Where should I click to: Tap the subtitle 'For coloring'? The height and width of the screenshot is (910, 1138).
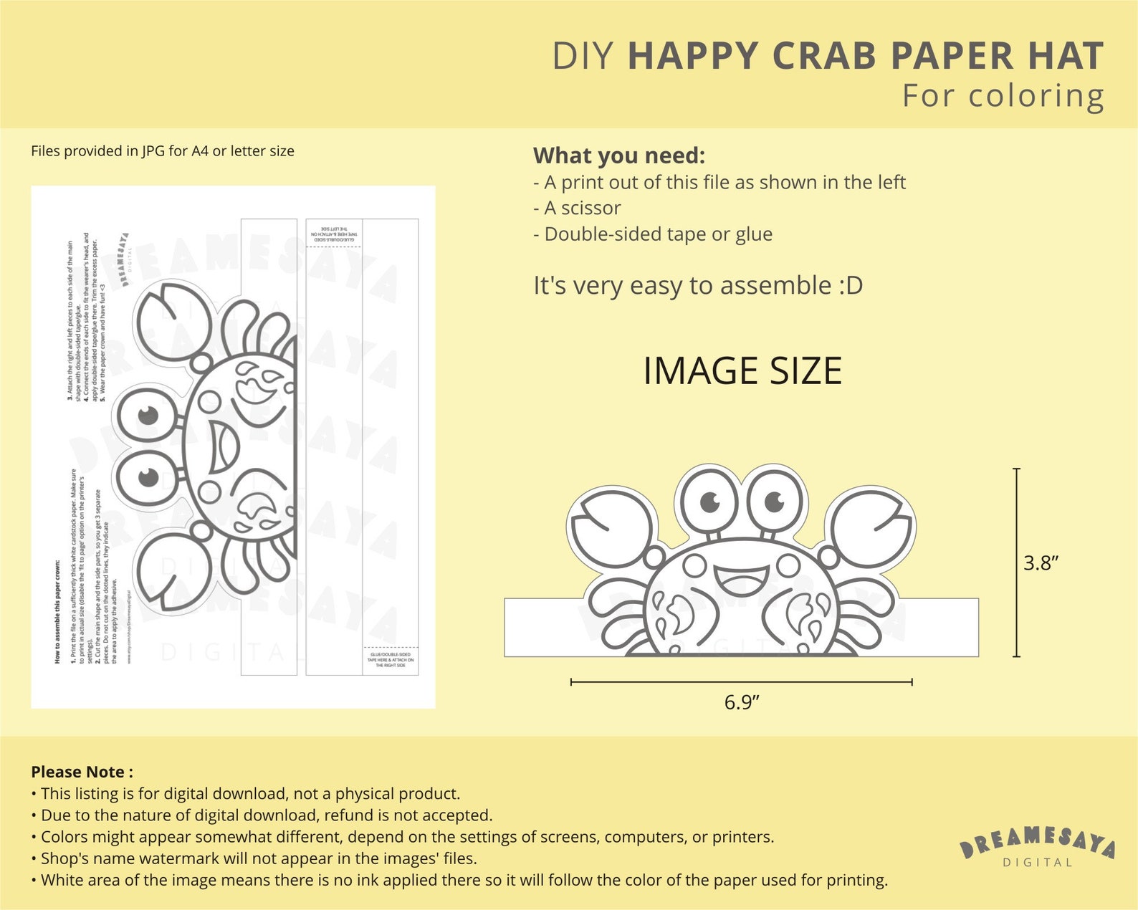click(1003, 96)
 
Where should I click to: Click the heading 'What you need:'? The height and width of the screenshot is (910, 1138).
click(619, 155)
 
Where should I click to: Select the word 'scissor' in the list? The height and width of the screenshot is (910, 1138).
click(590, 208)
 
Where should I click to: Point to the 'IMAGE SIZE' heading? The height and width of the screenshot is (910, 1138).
click(742, 370)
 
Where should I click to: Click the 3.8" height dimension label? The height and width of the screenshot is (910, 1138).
click(1041, 563)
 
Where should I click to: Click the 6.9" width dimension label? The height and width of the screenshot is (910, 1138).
click(741, 702)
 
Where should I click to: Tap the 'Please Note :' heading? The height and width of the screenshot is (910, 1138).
click(82, 772)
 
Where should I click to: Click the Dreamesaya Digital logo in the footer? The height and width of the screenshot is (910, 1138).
click(1038, 846)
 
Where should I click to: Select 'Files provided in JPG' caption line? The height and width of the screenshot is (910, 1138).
click(163, 151)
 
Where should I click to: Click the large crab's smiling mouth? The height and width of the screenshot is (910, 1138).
click(741, 578)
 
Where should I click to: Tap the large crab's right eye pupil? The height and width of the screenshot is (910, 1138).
click(774, 500)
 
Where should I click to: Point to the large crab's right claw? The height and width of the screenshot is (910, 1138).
click(870, 528)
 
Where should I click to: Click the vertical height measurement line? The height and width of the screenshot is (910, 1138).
click(1016, 562)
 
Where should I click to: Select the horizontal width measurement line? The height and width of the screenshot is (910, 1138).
click(741, 682)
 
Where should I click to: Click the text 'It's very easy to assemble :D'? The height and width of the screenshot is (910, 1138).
click(698, 285)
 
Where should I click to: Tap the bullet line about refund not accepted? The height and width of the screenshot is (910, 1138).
click(267, 815)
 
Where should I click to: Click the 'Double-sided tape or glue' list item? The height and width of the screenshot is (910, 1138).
click(658, 234)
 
